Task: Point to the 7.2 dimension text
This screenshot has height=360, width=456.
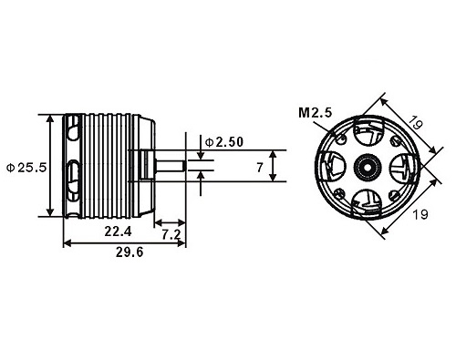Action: (x=171, y=236)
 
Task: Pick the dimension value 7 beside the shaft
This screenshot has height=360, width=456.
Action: (x=260, y=167)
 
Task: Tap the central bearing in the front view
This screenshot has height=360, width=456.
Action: (x=368, y=167)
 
